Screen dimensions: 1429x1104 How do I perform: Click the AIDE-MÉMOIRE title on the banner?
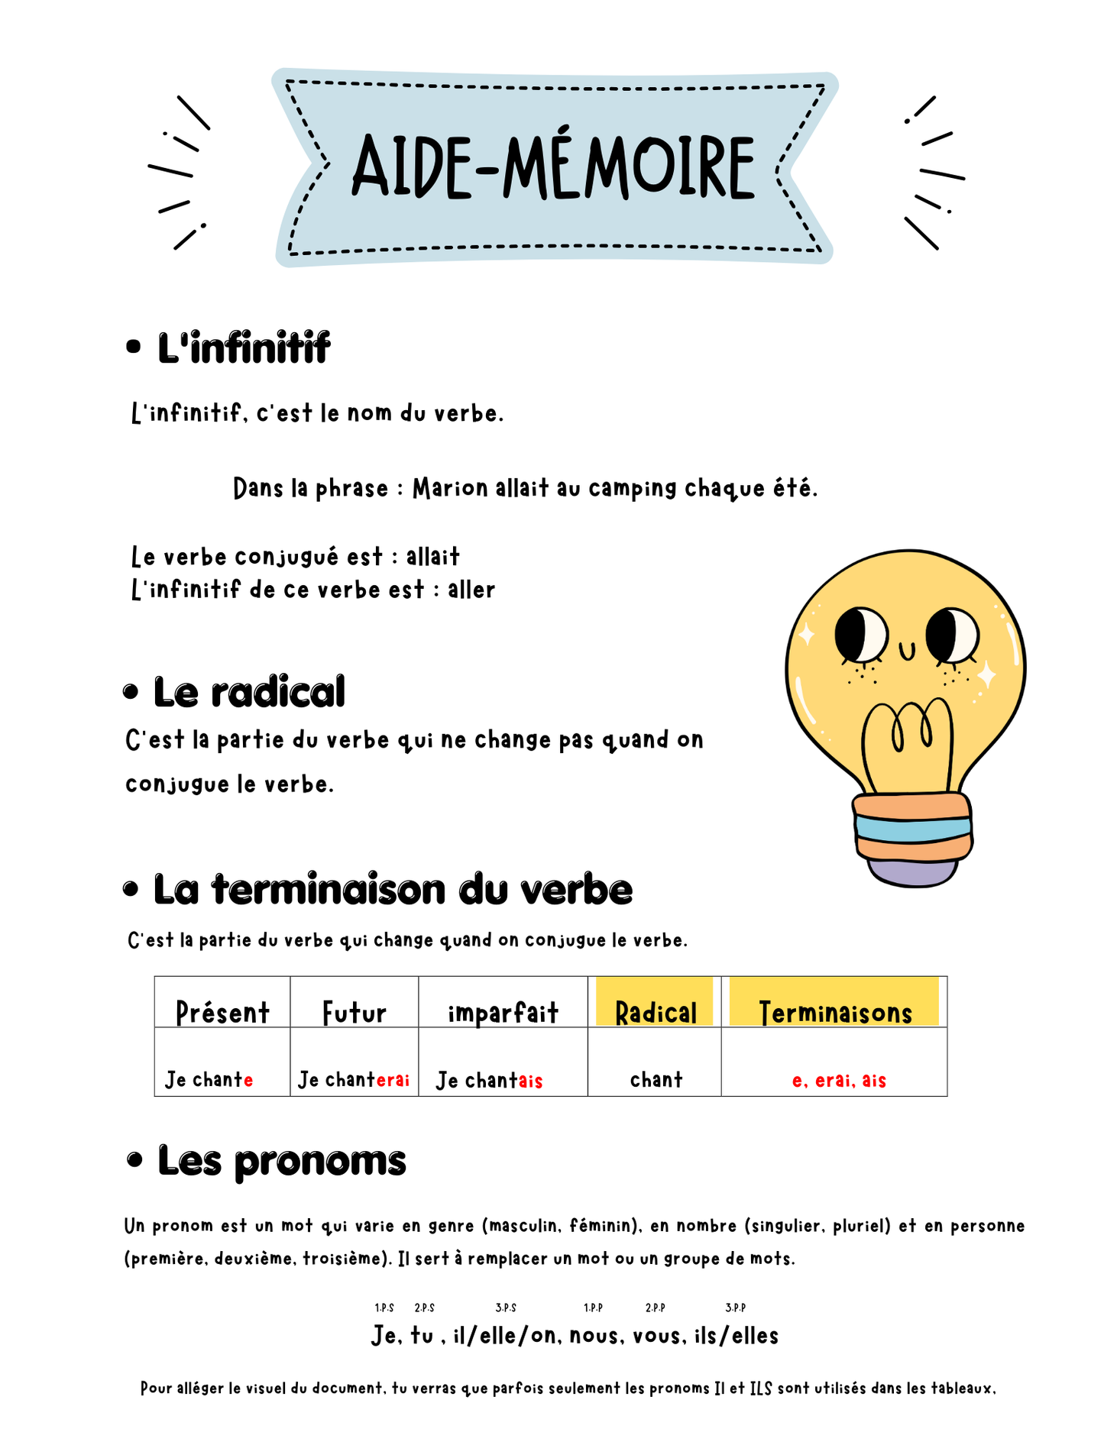(553, 167)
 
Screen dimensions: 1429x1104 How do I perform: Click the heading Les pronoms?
(281, 1161)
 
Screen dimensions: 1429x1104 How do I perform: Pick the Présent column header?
(222, 1013)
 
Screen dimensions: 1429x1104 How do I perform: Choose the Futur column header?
(354, 1013)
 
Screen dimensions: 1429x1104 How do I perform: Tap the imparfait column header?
(503, 1013)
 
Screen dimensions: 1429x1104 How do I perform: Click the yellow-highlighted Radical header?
(656, 1013)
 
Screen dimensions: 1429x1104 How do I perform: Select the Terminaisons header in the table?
(835, 1013)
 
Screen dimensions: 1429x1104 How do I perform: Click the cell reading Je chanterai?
(354, 1080)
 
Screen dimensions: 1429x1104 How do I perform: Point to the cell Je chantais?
(489, 1080)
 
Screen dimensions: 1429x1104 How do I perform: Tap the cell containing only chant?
(656, 1080)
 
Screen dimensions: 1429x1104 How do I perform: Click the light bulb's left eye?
(860, 635)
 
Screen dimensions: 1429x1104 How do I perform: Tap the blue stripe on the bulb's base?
(913, 829)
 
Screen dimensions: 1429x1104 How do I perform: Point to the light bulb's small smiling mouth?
(907, 651)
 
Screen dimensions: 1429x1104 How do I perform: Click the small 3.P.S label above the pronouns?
(506, 1308)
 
